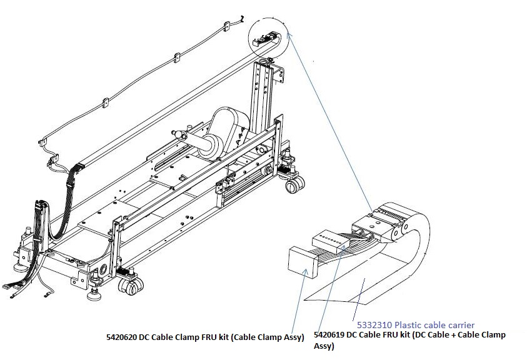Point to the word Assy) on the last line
pyautogui.click(x=324, y=346)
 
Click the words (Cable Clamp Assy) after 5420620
pyautogui.click(x=266, y=337)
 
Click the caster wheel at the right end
pyautogui.click(x=294, y=184)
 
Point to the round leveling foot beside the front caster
pyautogui.click(x=94, y=292)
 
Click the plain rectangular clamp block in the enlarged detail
pyautogui.click(x=303, y=262)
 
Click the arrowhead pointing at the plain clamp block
pyautogui.click(x=304, y=271)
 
